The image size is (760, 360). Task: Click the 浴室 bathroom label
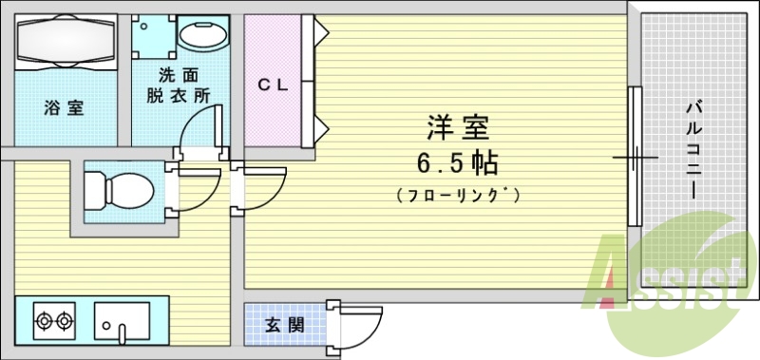pyautogui.click(x=63, y=108)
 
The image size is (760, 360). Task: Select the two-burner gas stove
pyautogui.click(x=54, y=321)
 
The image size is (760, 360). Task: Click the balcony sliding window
pyautogui.click(x=635, y=157)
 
